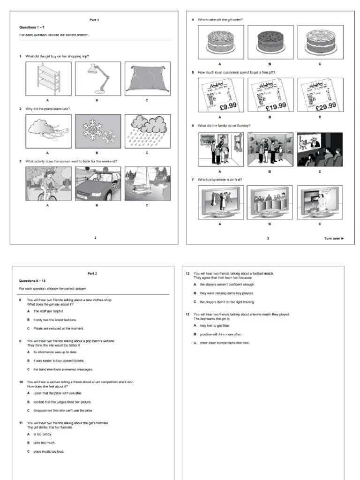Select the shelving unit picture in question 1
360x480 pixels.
tap(48, 79)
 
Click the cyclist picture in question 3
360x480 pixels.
tap(48, 184)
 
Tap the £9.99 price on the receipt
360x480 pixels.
tap(228, 106)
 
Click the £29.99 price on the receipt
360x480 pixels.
tap(326, 106)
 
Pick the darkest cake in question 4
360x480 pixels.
tap(270, 42)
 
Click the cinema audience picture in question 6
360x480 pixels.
tap(320, 150)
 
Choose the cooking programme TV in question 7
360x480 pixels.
tap(320, 202)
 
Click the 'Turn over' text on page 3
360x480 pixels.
tap(334, 239)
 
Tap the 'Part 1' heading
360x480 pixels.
tap(94, 20)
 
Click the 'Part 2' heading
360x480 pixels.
tap(92, 273)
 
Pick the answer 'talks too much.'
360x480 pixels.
tap(45, 442)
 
